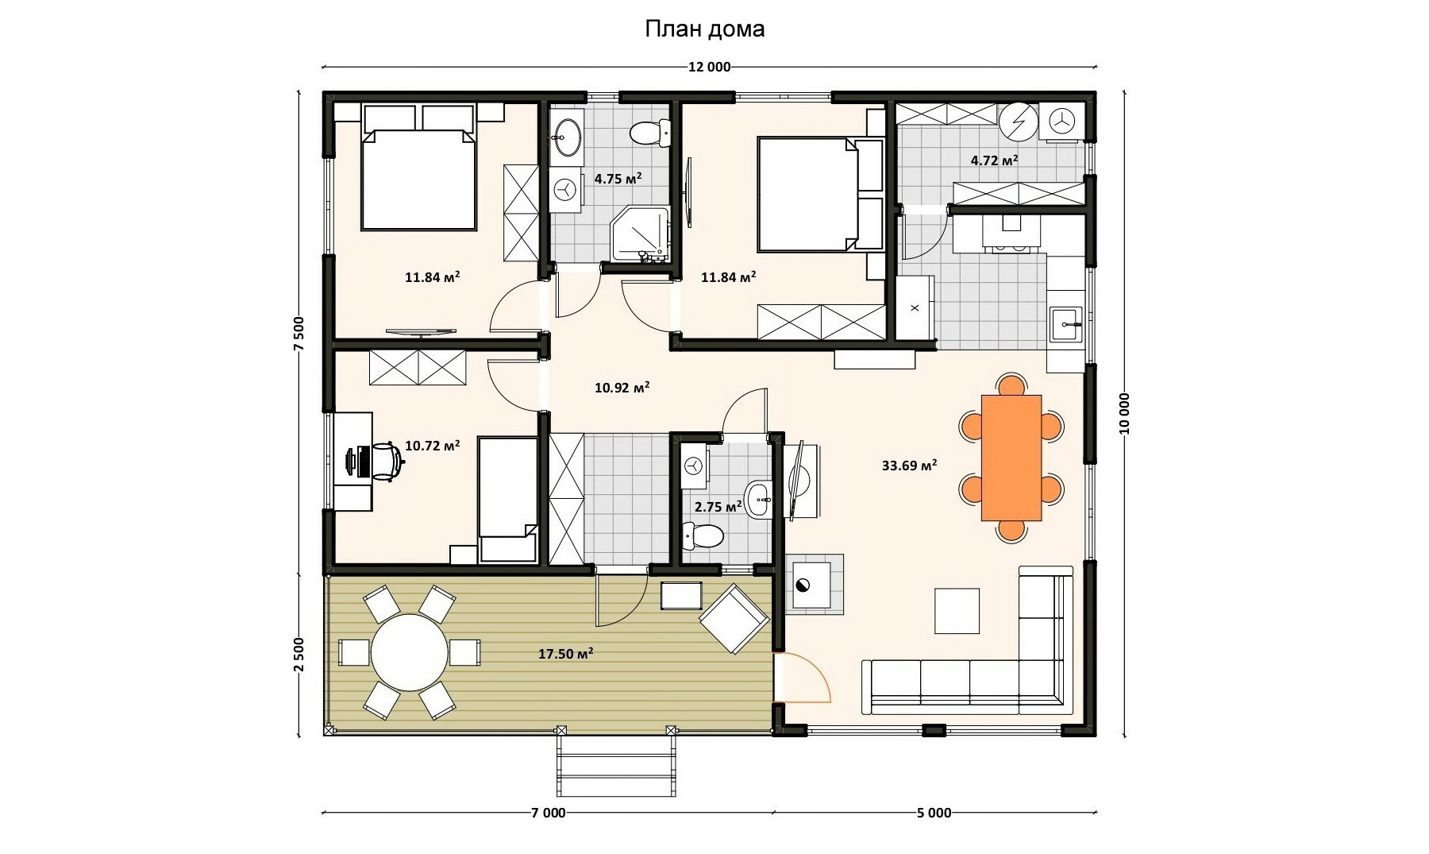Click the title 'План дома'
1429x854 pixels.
704,29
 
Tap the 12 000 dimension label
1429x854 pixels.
709,68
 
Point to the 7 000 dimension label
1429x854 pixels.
549,813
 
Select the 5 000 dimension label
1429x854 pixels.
934,813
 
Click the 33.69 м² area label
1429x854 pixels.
909,465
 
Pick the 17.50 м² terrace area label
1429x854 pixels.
566,654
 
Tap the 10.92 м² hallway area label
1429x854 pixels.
622,388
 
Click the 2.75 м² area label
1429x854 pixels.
718,507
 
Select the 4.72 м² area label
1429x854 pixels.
994,160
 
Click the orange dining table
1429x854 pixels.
1011,458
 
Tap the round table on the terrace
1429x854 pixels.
410,652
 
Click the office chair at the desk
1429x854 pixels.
385,462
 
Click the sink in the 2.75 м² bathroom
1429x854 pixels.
758,500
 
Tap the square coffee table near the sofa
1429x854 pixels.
957,611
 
